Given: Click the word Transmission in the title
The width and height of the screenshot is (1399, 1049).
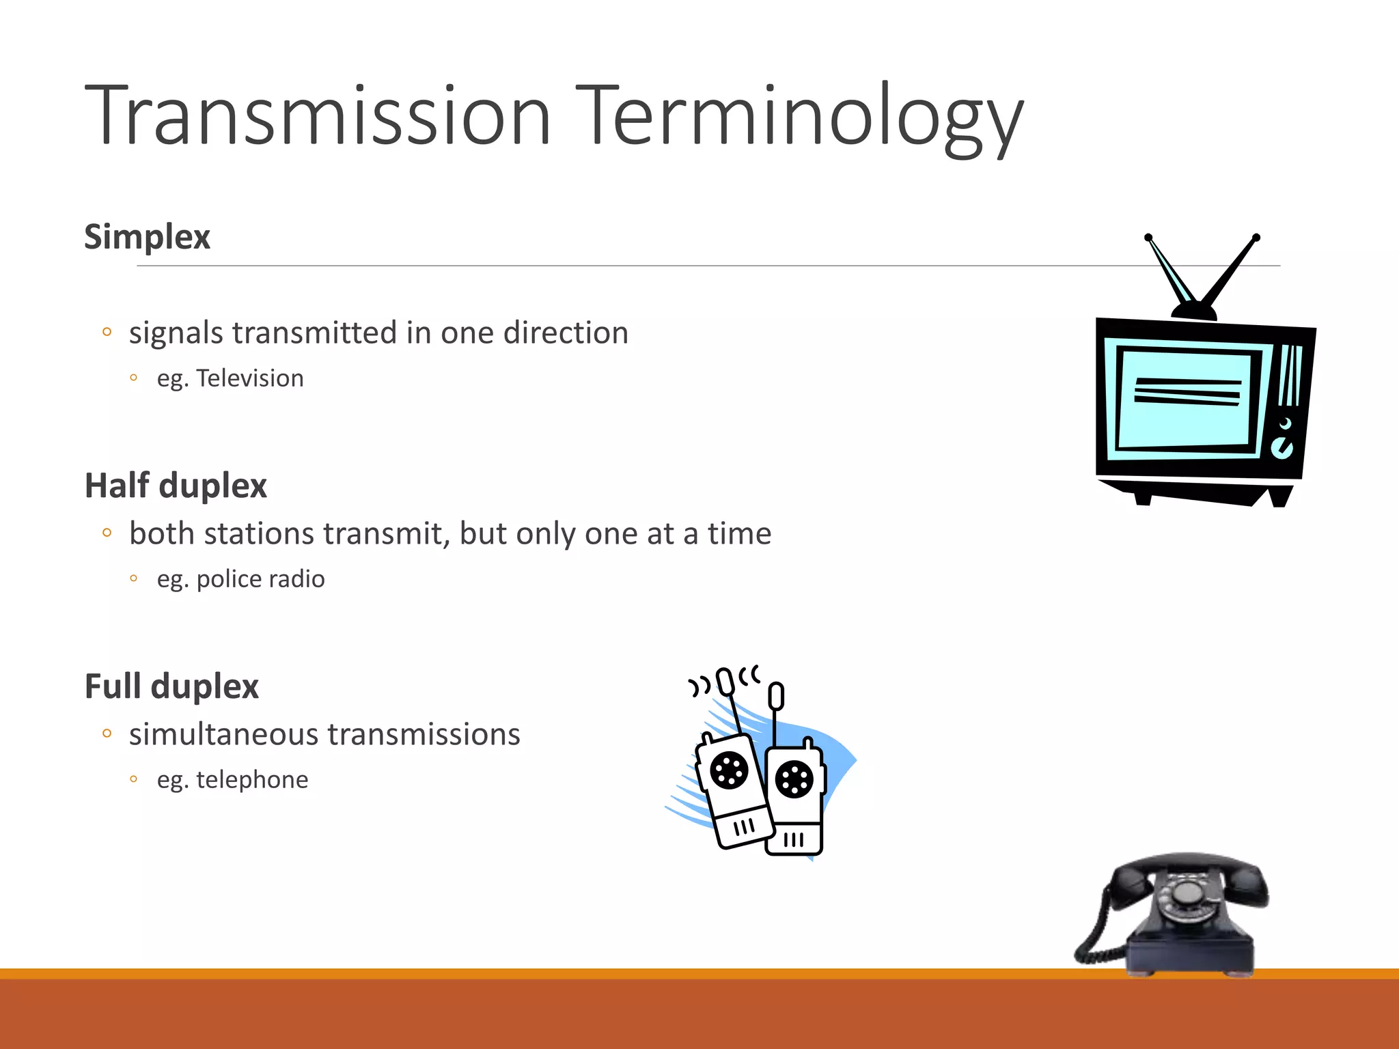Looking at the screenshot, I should tap(318, 115).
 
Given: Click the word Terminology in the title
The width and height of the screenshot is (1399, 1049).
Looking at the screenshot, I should tap(799, 115).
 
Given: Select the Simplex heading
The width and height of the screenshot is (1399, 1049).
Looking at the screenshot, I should tap(147, 237).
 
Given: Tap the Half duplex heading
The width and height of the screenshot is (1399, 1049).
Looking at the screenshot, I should tap(176, 486).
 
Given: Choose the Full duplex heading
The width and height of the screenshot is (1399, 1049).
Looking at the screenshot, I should tap(171, 686).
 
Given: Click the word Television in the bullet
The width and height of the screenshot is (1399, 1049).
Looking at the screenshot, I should tap(250, 378).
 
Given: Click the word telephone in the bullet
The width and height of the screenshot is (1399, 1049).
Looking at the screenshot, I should tap(252, 779).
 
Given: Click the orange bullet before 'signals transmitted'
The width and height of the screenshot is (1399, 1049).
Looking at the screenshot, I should tap(107, 333).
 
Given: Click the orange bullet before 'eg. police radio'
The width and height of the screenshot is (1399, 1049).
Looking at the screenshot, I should tap(134, 578).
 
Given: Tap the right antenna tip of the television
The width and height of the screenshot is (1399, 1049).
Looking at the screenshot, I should tap(1256, 238).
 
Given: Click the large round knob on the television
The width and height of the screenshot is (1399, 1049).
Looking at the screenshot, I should tap(1282, 449).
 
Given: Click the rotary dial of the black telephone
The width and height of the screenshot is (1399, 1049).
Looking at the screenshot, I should tap(1187, 892).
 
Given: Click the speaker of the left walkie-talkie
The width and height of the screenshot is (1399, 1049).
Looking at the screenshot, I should tap(730, 770).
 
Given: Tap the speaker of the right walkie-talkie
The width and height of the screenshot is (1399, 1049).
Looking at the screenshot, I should tap(794, 779).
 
